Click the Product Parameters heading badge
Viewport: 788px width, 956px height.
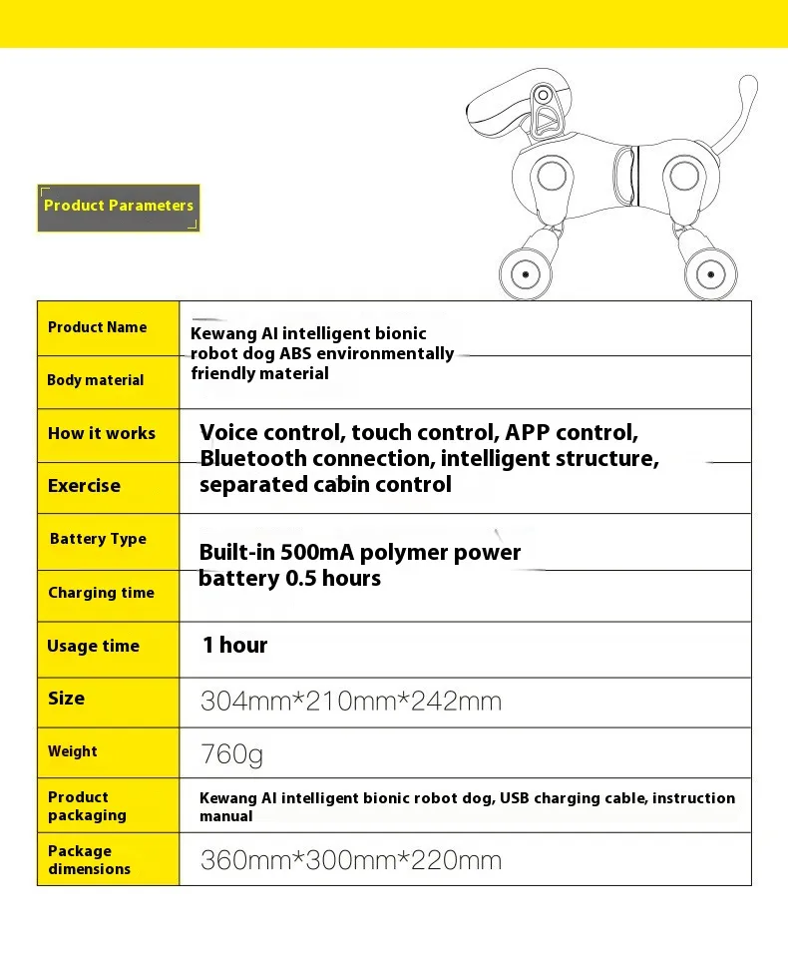click(x=119, y=207)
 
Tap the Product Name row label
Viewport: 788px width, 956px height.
click(x=97, y=327)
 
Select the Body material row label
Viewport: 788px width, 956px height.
click(x=95, y=380)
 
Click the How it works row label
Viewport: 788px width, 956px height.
click(x=102, y=433)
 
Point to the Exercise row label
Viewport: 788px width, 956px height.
click(x=84, y=486)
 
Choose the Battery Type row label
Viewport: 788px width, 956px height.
click(x=98, y=539)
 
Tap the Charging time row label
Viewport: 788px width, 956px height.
click(x=101, y=593)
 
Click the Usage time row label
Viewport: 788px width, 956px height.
click(x=93, y=646)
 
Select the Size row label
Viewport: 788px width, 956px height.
click(x=66, y=699)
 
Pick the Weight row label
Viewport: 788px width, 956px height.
click(x=73, y=751)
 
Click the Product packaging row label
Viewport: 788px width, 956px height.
click(x=87, y=806)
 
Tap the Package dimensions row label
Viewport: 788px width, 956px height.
click(x=89, y=860)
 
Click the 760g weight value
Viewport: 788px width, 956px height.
click(x=231, y=754)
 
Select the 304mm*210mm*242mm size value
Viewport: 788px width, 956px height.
click(x=350, y=702)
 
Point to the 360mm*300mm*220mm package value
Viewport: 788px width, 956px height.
click(x=350, y=860)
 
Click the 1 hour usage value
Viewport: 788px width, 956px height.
click(x=234, y=646)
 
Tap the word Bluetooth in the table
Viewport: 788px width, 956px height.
click(x=252, y=459)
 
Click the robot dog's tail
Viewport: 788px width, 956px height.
click(x=743, y=110)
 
